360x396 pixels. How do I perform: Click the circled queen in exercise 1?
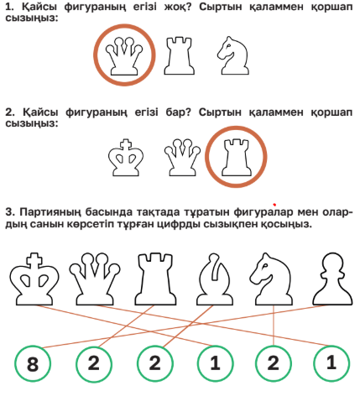(x=124, y=56)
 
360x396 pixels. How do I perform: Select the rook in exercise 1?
(x=179, y=56)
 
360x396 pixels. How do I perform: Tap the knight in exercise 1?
(x=232, y=55)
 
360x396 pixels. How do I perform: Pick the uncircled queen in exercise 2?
(x=182, y=158)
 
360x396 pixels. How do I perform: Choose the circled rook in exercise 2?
(x=236, y=157)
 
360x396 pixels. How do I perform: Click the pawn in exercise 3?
(x=332, y=279)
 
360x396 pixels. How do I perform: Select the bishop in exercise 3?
(x=215, y=279)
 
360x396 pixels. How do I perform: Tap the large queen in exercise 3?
(x=95, y=279)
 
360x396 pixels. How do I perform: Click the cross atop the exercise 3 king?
(x=34, y=260)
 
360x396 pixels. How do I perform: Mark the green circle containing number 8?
(x=33, y=363)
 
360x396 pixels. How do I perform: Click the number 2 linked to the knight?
(x=274, y=363)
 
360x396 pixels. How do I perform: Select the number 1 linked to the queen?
(x=331, y=363)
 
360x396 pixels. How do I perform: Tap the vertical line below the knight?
(x=274, y=326)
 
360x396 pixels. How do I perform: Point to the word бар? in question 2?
(x=178, y=112)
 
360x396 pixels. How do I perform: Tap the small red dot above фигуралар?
(x=274, y=205)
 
